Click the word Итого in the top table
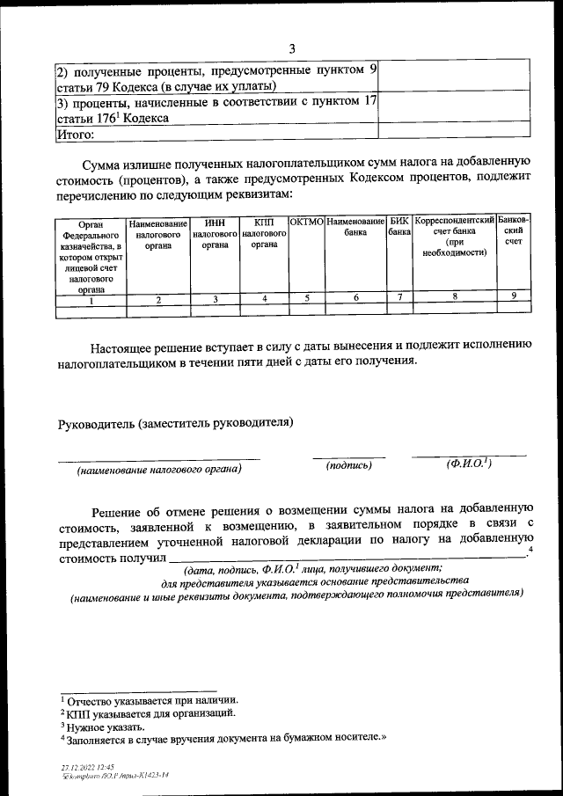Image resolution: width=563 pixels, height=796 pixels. click(75, 135)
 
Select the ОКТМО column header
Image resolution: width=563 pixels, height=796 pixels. click(306, 222)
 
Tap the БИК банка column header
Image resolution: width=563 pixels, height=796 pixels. click(399, 228)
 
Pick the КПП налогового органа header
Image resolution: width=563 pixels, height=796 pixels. click(264, 234)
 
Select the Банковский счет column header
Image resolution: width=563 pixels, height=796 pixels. click(514, 230)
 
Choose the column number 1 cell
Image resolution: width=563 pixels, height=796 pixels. click(91, 300)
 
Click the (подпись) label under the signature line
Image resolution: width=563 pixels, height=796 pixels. click(348, 465)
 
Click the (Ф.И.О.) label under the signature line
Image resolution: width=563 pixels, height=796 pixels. click(469, 464)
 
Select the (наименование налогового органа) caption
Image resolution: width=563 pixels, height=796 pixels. click(159, 470)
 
